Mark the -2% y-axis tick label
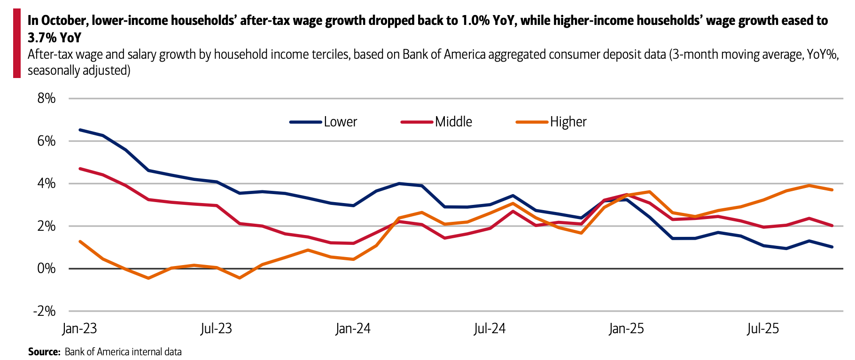(x=44, y=311)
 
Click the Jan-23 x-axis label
(x=79, y=329)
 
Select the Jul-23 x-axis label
(x=216, y=329)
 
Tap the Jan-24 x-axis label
(x=353, y=329)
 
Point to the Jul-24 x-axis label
(x=490, y=329)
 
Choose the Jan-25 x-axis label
(x=626, y=329)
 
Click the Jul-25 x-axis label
(x=763, y=329)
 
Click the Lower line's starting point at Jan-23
(x=80, y=130)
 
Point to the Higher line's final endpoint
(x=832, y=190)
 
